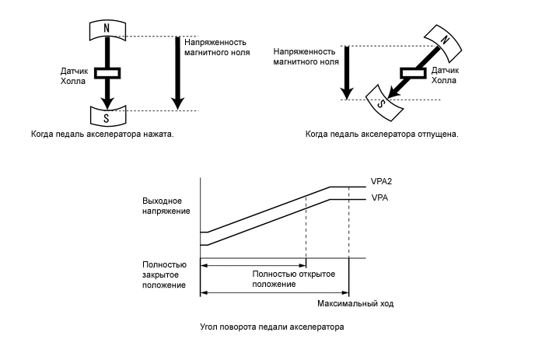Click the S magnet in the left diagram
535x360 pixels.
click(107, 117)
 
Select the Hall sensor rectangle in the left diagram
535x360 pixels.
click(107, 73)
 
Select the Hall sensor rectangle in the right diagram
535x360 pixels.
click(412, 72)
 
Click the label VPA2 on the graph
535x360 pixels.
click(381, 180)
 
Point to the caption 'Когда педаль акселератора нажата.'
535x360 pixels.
click(102, 134)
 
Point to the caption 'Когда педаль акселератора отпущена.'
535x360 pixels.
click(382, 134)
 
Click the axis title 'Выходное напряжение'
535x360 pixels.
click(161, 204)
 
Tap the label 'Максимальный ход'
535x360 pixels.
click(356, 302)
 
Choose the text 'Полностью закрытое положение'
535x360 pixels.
click(164, 275)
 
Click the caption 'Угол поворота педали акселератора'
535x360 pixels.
click(271, 327)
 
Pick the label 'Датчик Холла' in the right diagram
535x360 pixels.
click(444, 75)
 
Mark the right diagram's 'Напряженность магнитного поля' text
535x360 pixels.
click(305, 56)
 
